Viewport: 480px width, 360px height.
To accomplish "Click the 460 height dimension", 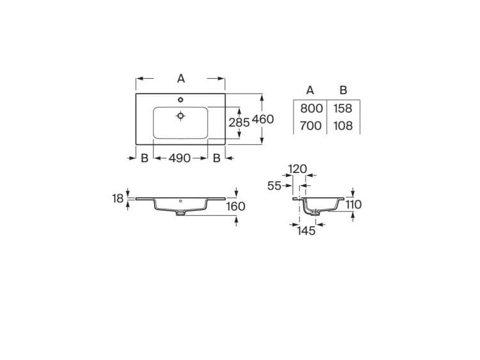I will coord(263,119).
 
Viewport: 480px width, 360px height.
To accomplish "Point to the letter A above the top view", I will coord(181,78).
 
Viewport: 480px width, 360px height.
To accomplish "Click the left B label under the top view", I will coord(145,158).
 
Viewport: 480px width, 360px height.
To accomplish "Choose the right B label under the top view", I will coord(216,158).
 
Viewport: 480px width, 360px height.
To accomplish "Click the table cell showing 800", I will coord(311,108).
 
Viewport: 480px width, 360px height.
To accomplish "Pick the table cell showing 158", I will coord(344,108).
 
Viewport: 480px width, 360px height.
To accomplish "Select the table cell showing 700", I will coord(311,126).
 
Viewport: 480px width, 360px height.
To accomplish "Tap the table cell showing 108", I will coord(344,126).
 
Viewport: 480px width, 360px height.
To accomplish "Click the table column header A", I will coord(310,90).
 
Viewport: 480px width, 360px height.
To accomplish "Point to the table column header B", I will coord(343,90).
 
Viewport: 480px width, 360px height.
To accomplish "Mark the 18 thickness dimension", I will coord(118,199).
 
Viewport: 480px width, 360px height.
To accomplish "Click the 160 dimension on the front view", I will coord(236,206).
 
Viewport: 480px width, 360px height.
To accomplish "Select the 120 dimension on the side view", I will coord(297,169).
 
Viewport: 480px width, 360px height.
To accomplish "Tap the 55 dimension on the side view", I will coord(275,185).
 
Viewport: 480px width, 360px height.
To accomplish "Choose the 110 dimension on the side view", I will coord(353,204).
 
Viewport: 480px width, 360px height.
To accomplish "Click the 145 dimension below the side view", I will coord(307,231).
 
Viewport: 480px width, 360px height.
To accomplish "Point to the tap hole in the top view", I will coord(181,99).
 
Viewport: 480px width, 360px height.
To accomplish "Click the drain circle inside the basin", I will coord(181,116).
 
